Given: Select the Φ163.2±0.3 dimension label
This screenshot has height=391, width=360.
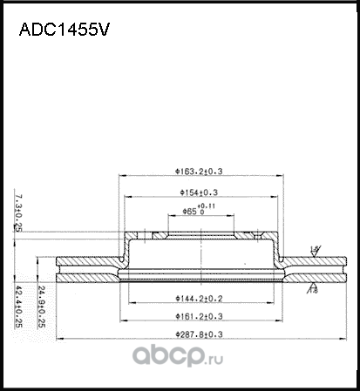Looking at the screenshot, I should coord(197,172).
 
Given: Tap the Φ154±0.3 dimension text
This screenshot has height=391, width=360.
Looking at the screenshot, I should coord(197,192).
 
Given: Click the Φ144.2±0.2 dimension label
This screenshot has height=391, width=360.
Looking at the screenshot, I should coord(197,298).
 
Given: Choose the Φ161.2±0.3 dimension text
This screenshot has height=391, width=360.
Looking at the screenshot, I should coord(197,316).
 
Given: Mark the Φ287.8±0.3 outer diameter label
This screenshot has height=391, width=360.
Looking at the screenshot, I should coord(197,334).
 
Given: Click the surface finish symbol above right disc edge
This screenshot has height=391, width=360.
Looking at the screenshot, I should coord(315,250).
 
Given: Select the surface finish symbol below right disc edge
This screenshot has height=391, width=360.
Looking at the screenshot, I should coord(312,285).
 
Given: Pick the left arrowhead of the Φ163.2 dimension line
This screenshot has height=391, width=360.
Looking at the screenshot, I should coord(120,178).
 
